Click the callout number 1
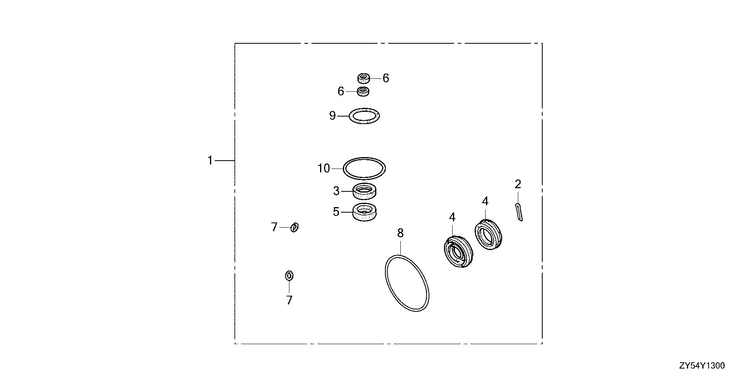210,161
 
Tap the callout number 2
518,184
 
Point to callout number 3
336,191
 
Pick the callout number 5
336,212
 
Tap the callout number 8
400,233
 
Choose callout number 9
333,116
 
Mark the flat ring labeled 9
350,116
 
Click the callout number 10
324,169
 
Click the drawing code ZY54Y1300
702,366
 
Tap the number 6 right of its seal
386,78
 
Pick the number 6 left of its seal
341,91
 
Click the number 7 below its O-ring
289,300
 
